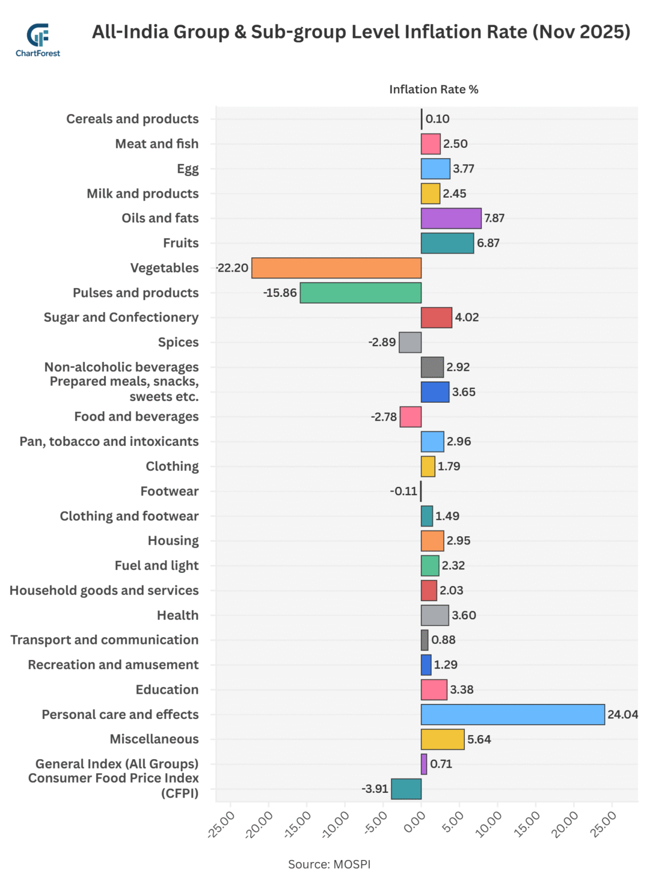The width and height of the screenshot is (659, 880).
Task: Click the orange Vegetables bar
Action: coord(336,268)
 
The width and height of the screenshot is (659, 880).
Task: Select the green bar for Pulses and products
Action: coord(360,293)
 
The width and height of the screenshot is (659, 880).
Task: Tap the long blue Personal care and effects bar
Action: coord(512,714)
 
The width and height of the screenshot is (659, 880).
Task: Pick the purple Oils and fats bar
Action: coord(451,218)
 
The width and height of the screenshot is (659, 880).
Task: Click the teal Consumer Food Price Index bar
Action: coord(406,789)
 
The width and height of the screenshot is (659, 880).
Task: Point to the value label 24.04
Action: coord(622,714)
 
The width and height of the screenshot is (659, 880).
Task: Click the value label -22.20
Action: coord(232,268)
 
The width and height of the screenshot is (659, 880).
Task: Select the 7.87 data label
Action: coord(494,218)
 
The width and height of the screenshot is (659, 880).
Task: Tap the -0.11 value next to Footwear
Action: coord(404,491)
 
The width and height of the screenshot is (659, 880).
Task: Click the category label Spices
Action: coord(178,343)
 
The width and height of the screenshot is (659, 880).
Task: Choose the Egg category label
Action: coord(187,169)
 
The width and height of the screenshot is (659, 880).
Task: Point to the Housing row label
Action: coord(173,541)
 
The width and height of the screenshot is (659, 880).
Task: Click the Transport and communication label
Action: coord(104,640)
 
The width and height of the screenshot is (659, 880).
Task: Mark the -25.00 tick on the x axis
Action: coord(222,824)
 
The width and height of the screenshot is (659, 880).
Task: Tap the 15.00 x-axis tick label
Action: coord(527,824)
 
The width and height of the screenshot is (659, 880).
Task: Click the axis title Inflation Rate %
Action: coord(433,89)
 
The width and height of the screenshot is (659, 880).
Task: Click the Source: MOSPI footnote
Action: coord(329,864)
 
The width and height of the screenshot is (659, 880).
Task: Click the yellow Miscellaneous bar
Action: coord(442,739)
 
